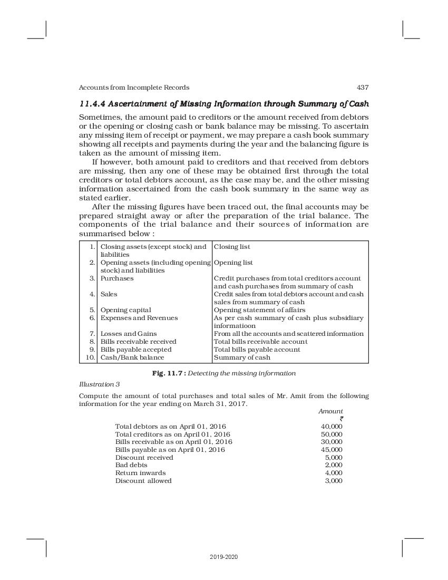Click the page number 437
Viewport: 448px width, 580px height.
click(363, 88)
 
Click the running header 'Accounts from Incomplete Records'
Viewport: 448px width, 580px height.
click(134, 88)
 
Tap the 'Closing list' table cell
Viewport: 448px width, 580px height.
click(232, 247)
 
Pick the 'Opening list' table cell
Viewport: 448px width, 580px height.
click(233, 263)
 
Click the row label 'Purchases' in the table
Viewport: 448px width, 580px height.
click(117, 278)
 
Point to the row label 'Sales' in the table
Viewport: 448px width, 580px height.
click(109, 294)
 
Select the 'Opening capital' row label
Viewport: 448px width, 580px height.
click(125, 310)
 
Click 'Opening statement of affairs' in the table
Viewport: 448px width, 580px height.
click(259, 310)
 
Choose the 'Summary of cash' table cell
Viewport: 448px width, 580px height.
click(242, 357)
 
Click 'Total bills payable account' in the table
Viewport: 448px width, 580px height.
click(257, 350)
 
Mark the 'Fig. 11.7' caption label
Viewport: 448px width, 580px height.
click(166, 373)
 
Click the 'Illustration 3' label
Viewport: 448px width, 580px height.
click(99, 384)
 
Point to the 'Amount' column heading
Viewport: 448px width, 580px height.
click(330, 411)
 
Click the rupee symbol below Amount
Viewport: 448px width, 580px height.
click(342, 419)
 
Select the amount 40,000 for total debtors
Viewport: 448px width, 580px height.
click(332, 426)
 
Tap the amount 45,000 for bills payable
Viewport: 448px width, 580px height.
click(332, 450)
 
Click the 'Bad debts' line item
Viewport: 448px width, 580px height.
click(131, 465)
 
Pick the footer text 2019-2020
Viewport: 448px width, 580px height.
click(223, 557)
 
